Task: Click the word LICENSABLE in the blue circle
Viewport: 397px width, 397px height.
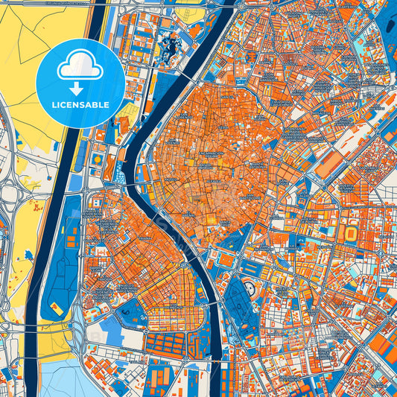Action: (x=80, y=105)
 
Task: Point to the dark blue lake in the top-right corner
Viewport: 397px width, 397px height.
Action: (x=387, y=22)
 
